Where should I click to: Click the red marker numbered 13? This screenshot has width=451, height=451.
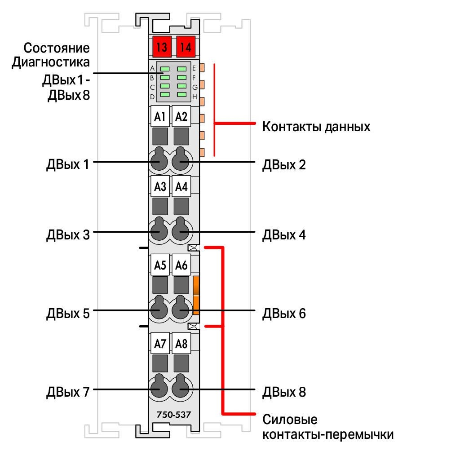(x=162, y=47)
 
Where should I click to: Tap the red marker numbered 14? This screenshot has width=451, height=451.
(x=186, y=47)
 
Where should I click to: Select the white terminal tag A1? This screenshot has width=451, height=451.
(x=160, y=116)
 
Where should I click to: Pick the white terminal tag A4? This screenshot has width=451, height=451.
(x=181, y=186)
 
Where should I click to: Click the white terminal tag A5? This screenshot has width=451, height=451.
(x=160, y=265)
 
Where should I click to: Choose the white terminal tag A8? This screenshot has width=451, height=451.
(x=181, y=344)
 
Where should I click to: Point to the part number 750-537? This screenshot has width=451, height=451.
(x=174, y=415)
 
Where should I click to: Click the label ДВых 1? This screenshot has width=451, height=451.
(x=68, y=164)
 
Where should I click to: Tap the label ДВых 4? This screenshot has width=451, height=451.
(x=284, y=234)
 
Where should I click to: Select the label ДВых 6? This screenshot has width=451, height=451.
(x=284, y=313)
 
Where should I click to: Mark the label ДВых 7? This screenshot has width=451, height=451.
(x=68, y=392)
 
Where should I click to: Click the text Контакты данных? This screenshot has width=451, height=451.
(x=316, y=127)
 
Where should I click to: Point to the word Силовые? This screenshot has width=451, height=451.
(x=290, y=420)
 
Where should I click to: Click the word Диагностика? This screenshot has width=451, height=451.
(x=51, y=62)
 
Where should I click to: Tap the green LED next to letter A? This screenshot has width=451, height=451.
(x=165, y=69)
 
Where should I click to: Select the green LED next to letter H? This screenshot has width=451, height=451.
(x=182, y=95)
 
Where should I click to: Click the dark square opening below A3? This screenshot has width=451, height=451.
(x=160, y=207)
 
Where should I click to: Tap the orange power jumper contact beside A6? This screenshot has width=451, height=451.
(x=196, y=295)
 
